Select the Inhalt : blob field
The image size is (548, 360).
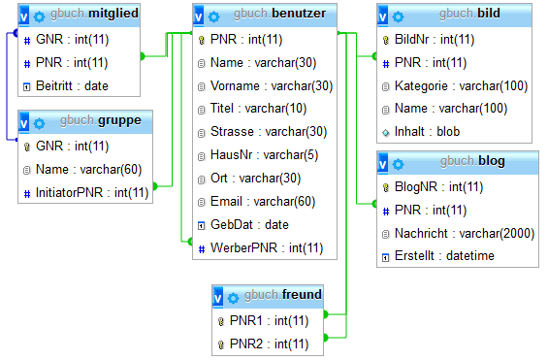(x=428, y=131)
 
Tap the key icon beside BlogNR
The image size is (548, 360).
(x=384, y=186)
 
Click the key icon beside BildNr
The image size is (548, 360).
(x=384, y=40)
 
